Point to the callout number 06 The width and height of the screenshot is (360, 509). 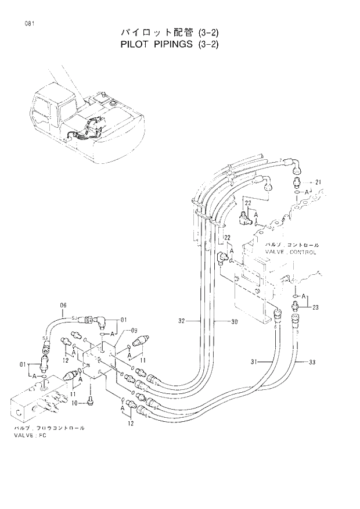tap(64, 305)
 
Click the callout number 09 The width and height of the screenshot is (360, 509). tap(134, 331)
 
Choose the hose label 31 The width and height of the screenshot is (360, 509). tap(254, 363)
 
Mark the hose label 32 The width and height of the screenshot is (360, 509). tap(182, 320)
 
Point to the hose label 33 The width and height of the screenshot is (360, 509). tap(312, 363)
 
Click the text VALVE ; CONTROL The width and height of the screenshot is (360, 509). tap(290, 252)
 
